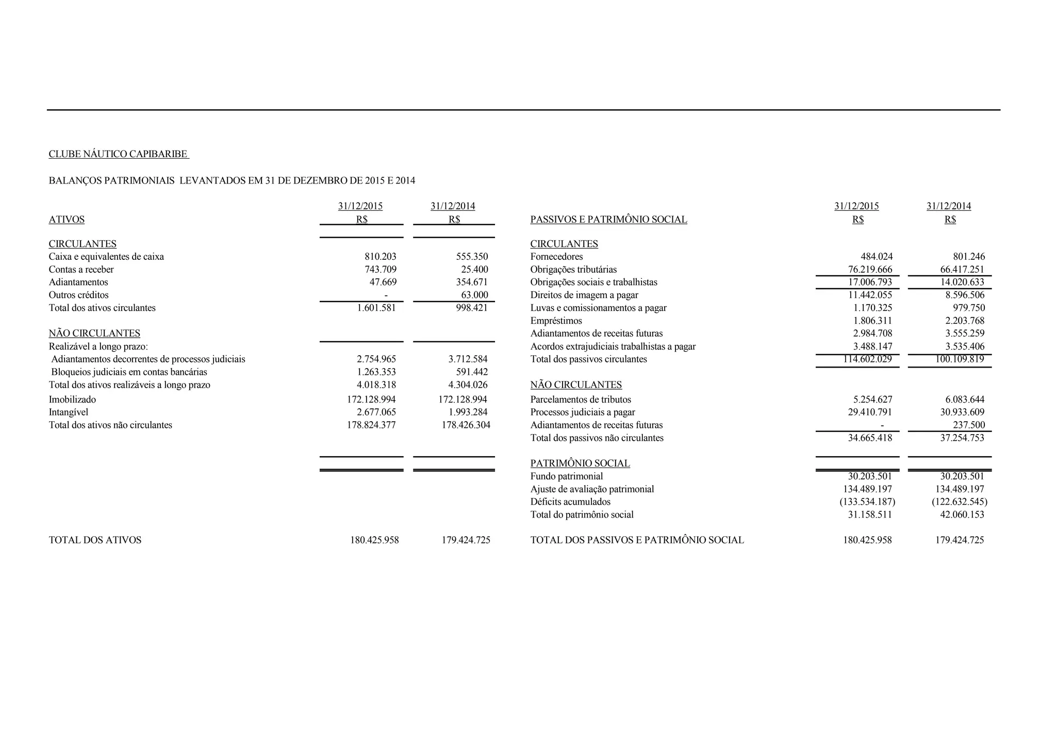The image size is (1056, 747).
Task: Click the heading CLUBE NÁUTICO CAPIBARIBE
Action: click(x=118, y=154)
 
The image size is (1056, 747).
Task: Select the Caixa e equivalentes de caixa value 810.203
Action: click(x=381, y=257)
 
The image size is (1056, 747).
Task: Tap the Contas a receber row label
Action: click(x=81, y=270)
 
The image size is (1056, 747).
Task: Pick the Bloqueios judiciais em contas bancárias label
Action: click(x=129, y=372)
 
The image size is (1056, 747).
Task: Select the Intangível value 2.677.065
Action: click(x=376, y=412)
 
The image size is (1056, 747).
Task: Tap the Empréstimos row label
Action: click(x=556, y=321)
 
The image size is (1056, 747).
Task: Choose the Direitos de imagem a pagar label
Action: click(x=584, y=295)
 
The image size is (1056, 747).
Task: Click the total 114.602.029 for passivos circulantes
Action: click(x=867, y=359)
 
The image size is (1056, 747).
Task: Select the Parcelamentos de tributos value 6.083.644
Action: click(x=965, y=400)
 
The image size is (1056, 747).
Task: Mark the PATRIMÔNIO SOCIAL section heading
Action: click(x=580, y=463)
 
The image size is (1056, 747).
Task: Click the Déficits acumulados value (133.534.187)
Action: click(x=867, y=502)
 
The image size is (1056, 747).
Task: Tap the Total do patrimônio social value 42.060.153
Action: click(x=962, y=515)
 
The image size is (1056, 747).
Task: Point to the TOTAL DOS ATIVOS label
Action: click(x=95, y=540)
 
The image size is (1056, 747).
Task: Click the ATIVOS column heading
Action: click(x=67, y=220)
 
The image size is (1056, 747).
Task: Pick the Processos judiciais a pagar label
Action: click(x=583, y=412)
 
